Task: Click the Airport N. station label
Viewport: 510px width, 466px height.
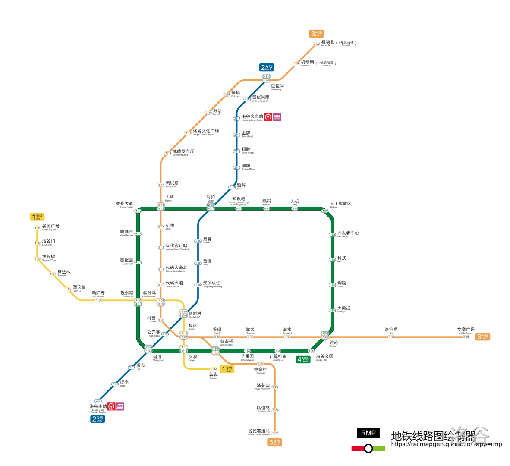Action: [x=327, y=43]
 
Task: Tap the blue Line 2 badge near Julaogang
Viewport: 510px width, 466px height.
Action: [x=267, y=67]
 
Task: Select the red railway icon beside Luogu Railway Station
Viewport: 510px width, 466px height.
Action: [x=268, y=117]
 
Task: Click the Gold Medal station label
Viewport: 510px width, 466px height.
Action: [x=246, y=134]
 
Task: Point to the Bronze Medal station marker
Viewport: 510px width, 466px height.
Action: [x=237, y=167]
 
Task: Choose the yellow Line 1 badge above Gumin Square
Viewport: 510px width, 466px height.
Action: [x=38, y=217]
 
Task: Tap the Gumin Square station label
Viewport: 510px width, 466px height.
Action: [x=50, y=227]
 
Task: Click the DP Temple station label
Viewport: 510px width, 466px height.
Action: [x=98, y=294]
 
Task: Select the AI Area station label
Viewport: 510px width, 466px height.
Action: [x=340, y=204]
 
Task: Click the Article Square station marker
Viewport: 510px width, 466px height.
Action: [x=466, y=337]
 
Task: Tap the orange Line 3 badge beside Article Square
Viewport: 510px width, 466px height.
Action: [x=483, y=337]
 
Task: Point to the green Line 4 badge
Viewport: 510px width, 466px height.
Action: [x=303, y=359]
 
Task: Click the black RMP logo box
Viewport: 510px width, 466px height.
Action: [x=368, y=433]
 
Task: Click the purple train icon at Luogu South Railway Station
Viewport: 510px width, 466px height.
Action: [x=120, y=406]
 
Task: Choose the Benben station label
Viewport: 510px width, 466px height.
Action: [x=213, y=375]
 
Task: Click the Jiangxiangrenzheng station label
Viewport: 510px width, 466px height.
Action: [x=212, y=284]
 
